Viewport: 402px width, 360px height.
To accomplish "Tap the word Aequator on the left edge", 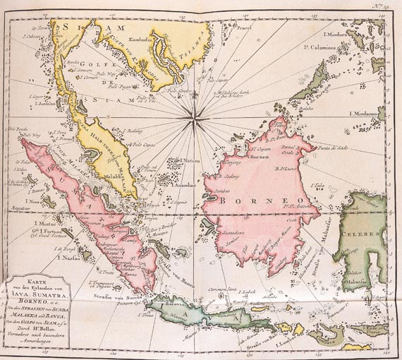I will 23,209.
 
